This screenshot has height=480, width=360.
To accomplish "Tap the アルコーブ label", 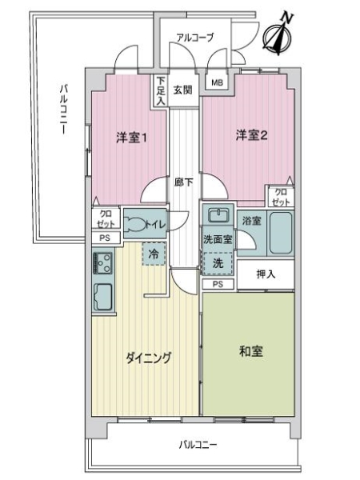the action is [195, 38].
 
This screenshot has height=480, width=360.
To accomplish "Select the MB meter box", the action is [217, 82].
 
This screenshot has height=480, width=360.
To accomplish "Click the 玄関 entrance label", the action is [183, 90].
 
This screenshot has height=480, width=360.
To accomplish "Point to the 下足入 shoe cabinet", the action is [161, 91].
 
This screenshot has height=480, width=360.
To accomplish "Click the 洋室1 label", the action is [131, 138].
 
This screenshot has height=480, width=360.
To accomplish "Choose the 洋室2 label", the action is [252, 135].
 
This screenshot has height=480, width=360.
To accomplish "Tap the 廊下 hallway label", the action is [184, 182].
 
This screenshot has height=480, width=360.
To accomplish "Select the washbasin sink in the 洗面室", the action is [218, 215].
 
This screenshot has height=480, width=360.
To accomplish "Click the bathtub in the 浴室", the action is [281, 233].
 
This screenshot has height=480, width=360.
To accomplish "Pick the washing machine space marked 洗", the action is [218, 263].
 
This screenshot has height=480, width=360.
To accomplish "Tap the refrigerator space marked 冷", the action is [154, 254].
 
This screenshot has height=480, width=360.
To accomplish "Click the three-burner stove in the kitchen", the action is [103, 263].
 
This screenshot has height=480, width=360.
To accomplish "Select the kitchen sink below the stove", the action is [103, 297].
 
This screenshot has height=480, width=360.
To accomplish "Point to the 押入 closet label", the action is [266, 274].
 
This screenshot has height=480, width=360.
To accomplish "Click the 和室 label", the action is [251, 351].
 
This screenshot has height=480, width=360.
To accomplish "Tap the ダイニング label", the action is [148, 358].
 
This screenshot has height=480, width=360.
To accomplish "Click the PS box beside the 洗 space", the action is [218, 284].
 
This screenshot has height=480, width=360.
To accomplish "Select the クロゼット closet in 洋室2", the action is [281, 197].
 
